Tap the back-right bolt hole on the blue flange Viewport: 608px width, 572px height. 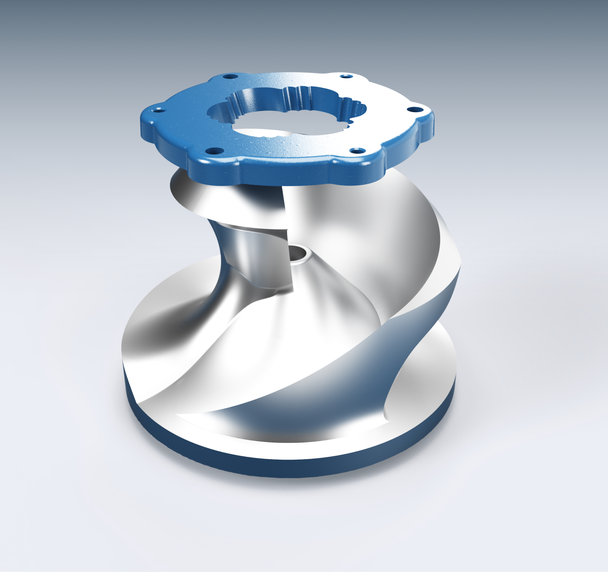pos(346,76)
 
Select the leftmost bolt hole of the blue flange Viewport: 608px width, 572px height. pos(158,110)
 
